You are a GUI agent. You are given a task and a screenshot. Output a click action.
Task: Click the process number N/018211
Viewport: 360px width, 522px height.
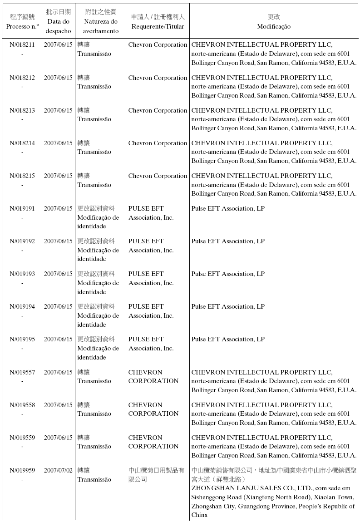pos(22,45)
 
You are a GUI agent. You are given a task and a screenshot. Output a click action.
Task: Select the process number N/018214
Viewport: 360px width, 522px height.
pos(22,143)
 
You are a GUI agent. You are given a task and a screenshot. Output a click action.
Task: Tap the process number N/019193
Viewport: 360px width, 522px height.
pos(22,274)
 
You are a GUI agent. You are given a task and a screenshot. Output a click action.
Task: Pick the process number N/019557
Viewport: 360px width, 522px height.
pos(22,372)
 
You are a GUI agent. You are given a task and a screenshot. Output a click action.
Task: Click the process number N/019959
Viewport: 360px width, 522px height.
pos(22,470)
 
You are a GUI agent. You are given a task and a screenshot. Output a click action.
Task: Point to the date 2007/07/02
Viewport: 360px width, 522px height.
pos(58,470)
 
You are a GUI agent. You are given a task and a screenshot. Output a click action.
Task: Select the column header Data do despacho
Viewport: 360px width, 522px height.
pos(58,22)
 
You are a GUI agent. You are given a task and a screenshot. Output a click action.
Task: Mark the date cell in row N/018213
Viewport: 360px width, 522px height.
pos(58,110)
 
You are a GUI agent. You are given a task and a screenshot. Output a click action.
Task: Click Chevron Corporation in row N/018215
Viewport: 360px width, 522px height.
pos(158,176)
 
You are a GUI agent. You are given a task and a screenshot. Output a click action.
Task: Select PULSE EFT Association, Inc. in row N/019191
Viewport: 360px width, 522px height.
pos(151,213)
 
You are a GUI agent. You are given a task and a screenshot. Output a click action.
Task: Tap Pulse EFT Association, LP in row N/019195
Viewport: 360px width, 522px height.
pos(228,339)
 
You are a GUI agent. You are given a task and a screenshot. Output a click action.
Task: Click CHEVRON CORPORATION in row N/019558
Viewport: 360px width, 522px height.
pos(153,409)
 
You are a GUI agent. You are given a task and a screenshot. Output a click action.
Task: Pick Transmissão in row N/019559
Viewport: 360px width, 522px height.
pos(94,446)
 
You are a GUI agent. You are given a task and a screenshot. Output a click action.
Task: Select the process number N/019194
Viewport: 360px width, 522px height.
pos(22,306)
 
